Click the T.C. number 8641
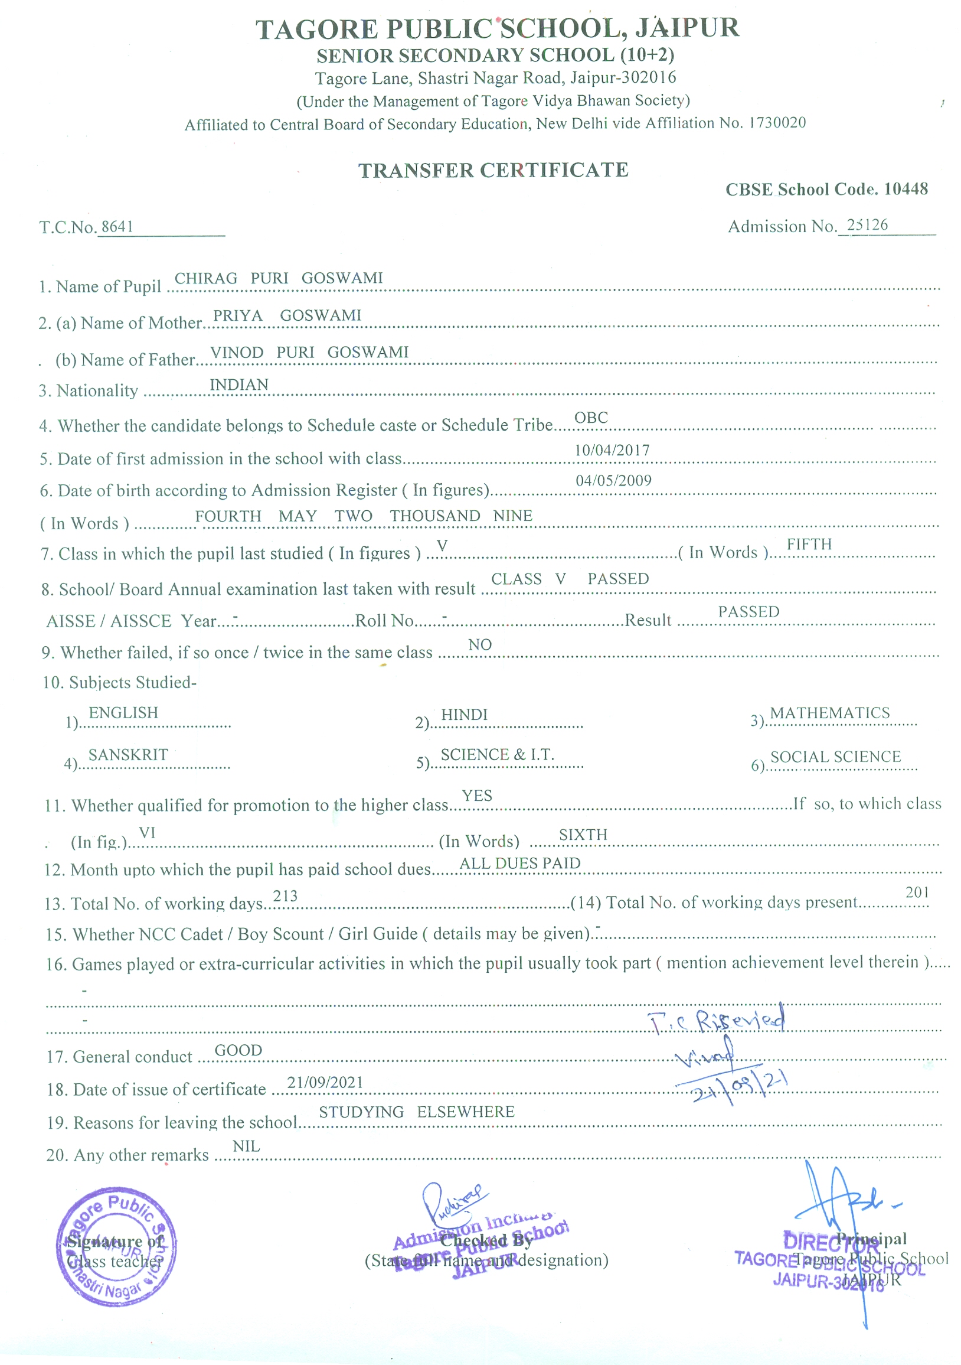click(x=117, y=226)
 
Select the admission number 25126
click(x=867, y=224)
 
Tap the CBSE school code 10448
click(x=906, y=189)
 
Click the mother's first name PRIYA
click(x=238, y=315)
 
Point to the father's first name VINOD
click(x=237, y=352)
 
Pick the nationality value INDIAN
click(x=239, y=385)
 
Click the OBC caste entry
click(x=591, y=418)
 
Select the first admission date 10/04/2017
click(x=612, y=450)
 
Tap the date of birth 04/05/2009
click(x=613, y=480)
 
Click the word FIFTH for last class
click(x=809, y=544)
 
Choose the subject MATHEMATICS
click(x=829, y=713)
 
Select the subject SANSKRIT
click(x=128, y=754)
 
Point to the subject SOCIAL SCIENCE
click(x=836, y=757)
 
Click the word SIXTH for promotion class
click(x=583, y=835)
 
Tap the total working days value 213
click(x=285, y=896)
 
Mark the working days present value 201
click(x=917, y=892)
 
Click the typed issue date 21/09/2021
click(x=325, y=1082)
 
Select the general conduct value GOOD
click(x=238, y=1051)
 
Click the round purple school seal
click(x=116, y=1246)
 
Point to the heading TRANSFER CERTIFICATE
click(x=493, y=171)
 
